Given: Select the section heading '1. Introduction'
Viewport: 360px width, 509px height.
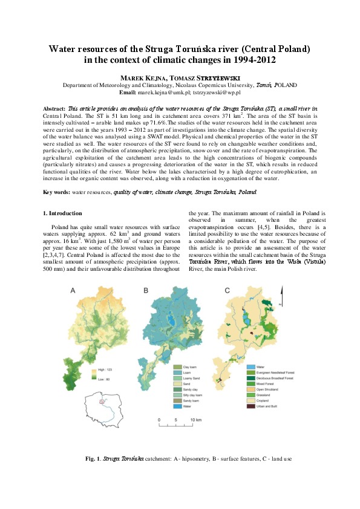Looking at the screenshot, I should point(64,213).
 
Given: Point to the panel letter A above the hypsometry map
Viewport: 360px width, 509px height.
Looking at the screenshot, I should point(73,291).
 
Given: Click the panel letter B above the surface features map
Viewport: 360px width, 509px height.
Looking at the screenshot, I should point(146,291).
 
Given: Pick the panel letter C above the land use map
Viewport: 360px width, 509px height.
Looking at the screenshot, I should point(227,291).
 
